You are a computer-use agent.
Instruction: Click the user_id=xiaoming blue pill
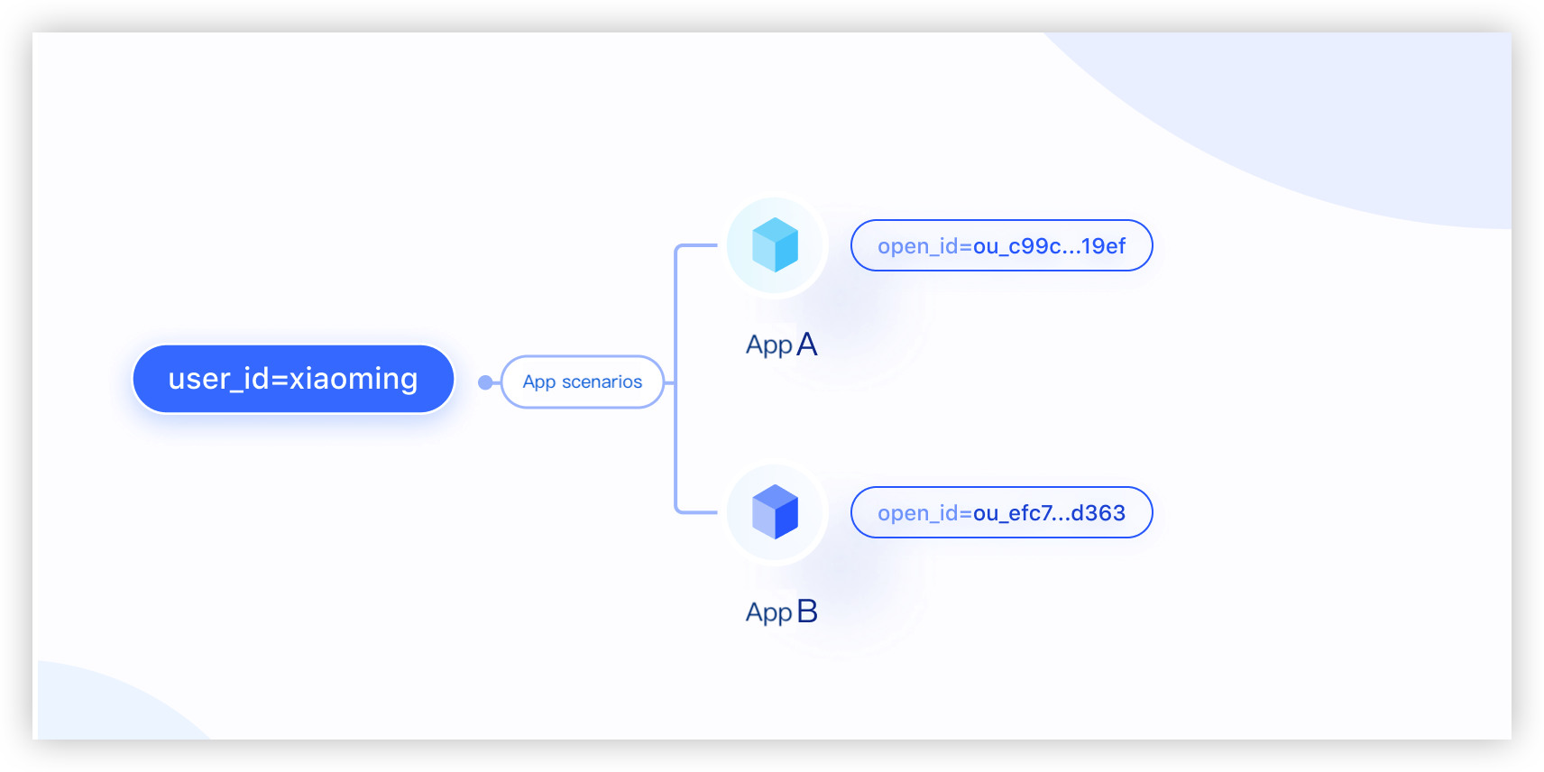click(x=293, y=379)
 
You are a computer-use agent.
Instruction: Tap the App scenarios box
click(x=583, y=381)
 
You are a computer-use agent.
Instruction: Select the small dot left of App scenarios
click(x=485, y=381)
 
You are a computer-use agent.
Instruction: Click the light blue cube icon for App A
click(x=776, y=245)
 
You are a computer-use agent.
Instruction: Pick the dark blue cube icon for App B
click(x=776, y=512)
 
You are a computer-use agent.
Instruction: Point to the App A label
click(x=782, y=344)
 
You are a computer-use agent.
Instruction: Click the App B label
click(x=782, y=611)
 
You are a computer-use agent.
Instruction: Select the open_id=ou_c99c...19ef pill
click(x=1002, y=245)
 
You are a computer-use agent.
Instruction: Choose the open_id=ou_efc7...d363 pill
click(x=1002, y=512)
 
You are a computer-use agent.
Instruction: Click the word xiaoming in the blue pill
click(x=353, y=379)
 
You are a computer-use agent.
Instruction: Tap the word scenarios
click(x=602, y=381)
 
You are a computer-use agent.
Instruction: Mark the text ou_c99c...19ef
click(x=1049, y=246)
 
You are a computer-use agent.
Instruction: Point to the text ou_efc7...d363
click(x=1049, y=513)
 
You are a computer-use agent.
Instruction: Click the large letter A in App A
click(x=807, y=344)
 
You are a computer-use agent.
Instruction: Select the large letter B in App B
click(x=807, y=611)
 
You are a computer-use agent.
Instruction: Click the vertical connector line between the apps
click(x=676, y=379)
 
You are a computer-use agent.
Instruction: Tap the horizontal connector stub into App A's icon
click(x=697, y=245)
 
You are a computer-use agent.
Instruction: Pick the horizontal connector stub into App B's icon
click(x=697, y=512)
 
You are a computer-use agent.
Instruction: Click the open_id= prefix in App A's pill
click(x=925, y=246)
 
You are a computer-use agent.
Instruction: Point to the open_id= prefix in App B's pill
click(x=925, y=513)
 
